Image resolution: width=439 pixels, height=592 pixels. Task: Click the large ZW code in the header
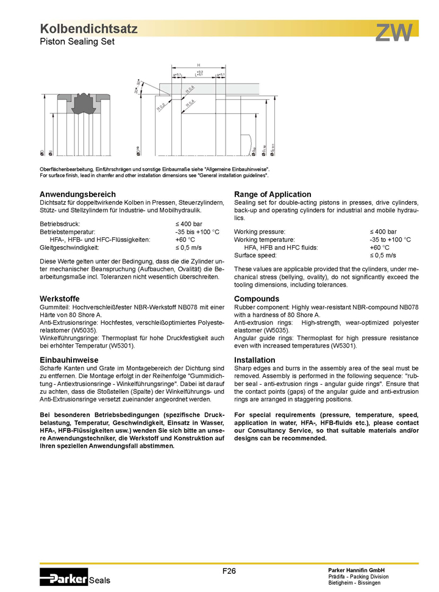(394, 33)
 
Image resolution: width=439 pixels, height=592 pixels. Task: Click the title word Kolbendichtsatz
(88, 29)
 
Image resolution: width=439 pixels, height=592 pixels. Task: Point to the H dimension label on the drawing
(199, 65)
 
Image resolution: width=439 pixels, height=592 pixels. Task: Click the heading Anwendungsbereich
(77, 194)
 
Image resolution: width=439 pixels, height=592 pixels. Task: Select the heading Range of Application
(273, 194)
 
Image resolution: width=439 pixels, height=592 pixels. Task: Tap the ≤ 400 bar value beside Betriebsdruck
(188, 224)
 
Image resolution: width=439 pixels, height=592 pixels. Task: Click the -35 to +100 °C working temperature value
(390, 240)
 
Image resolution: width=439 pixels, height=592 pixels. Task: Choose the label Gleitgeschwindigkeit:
(69, 248)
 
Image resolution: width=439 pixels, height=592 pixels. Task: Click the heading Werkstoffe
(60, 299)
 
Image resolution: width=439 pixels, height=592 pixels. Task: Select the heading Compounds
(257, 299)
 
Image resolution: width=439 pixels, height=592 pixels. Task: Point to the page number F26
(229, 571)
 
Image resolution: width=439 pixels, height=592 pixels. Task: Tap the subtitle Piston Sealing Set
(77, 41)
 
